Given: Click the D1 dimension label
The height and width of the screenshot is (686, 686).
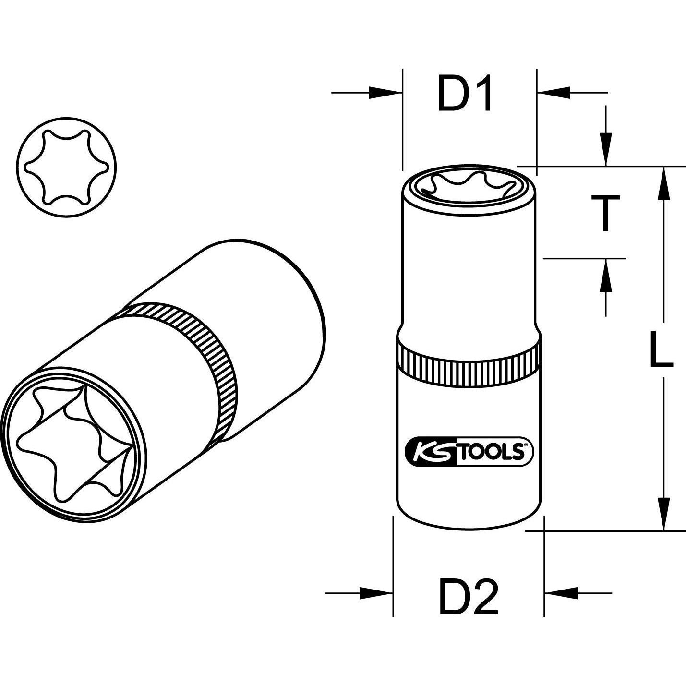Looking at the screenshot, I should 465,94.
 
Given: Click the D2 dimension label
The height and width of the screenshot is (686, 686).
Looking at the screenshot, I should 469,597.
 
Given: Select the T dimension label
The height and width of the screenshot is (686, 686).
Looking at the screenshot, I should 606,213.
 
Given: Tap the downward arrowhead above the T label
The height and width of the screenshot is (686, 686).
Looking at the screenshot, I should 606,154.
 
